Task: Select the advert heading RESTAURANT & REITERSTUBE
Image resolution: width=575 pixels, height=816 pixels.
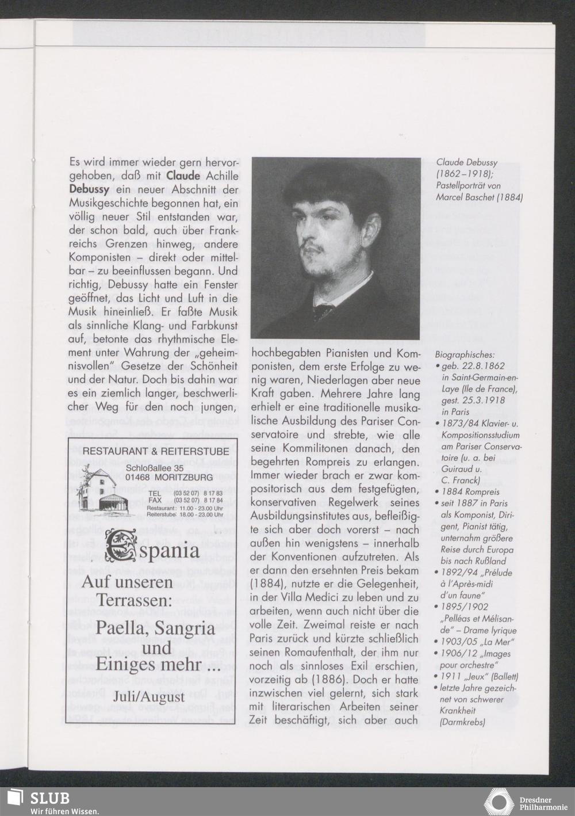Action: tap(155, 452)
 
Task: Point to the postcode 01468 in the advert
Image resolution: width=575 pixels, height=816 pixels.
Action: tap(139, 478)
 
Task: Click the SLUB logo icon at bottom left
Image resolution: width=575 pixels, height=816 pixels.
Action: tap(14, 799)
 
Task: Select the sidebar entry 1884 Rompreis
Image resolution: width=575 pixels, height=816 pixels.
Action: tap(471, 492)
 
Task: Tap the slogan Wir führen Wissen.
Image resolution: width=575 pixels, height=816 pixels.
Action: tap(65, 811)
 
